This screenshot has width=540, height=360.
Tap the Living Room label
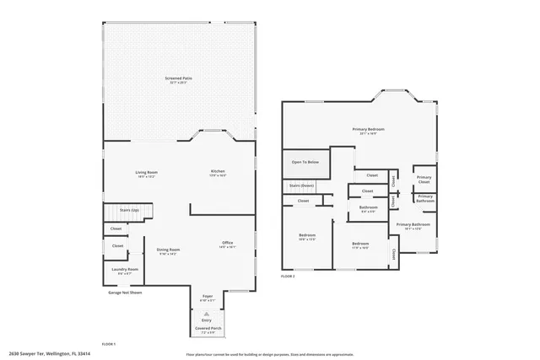click(x=147, y=173)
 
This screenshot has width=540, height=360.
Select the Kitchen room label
click(x=218, y=173)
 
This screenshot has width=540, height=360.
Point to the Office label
click(x=227, y=244)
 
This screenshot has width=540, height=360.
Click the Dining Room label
click(x=168, y=250)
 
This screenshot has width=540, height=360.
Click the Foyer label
click(x=207, y=298)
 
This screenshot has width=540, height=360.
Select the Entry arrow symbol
click(x=207, y=311)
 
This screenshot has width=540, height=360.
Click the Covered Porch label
click(x=207, y=327)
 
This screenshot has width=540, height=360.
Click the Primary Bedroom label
click(x=368, y=130)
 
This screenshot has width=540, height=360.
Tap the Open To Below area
click(x=305, y=161)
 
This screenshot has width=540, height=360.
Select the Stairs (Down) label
click(x=301, y=185)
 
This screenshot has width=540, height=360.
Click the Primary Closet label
click(x=424, y=179)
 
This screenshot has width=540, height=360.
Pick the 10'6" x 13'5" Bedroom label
click(x=307, y=236)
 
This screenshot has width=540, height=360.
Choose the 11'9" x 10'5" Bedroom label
click(x=361, y=244)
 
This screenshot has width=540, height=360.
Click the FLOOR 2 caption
click(x=289, y=276)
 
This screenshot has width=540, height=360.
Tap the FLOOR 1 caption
click(x=109, y=344)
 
